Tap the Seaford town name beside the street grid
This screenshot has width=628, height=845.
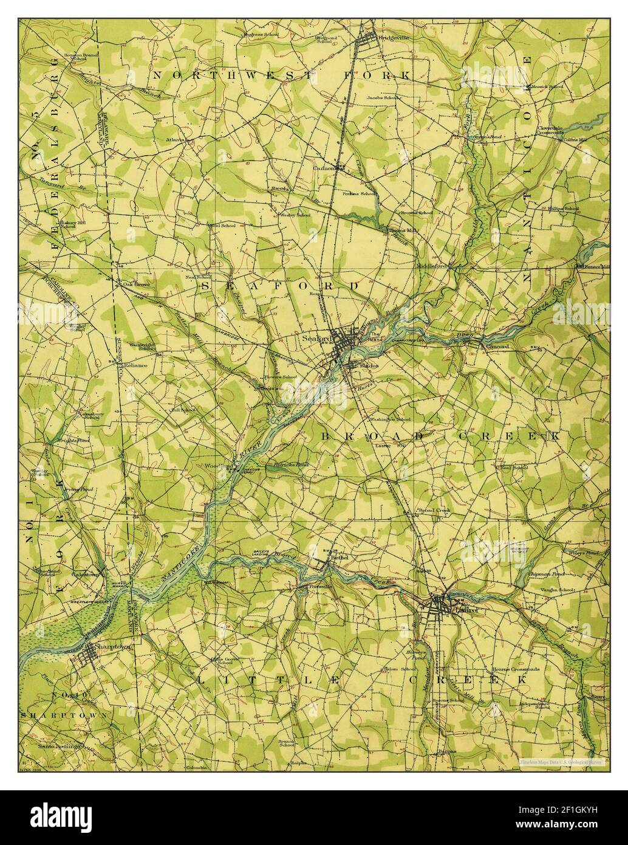(315, 339)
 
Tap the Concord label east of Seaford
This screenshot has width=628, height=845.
(498, 347)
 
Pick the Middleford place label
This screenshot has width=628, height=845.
(432, 266)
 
